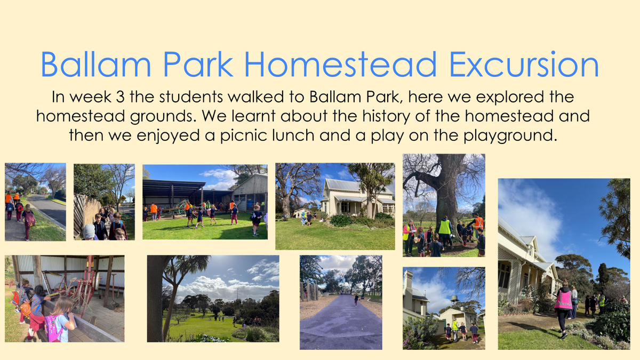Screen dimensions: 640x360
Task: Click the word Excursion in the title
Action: pos(524,65)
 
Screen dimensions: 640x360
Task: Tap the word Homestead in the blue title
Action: pos(340,65)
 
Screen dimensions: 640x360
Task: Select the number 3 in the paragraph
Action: pos(121,97)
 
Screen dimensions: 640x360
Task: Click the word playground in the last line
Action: pos(510,135)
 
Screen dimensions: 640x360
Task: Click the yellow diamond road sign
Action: pos(123,197)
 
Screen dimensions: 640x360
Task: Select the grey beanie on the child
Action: pos(89,231)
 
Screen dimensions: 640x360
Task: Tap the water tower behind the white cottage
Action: pos(454,299)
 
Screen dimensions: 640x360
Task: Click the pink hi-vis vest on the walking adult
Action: pos(563,300)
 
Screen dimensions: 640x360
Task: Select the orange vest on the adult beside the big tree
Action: pos(479,223)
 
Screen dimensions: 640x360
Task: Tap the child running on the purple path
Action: pos(356,300)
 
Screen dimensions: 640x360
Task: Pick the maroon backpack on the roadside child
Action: pos(30,220)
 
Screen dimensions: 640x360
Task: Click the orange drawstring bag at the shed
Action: pos(25,309)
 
